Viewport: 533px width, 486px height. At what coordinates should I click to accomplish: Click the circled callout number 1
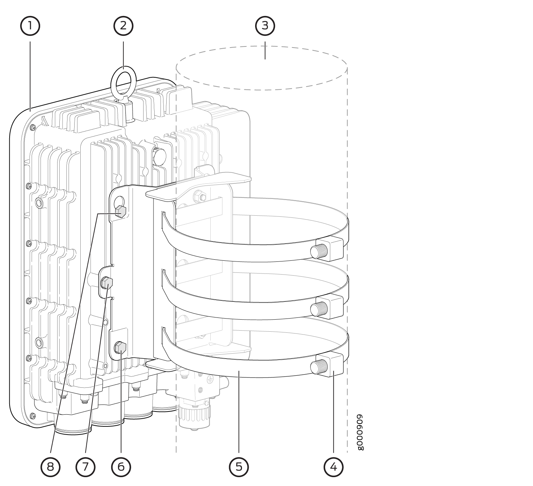click(30, 26)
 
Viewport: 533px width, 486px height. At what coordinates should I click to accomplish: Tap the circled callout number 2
click(123, 26)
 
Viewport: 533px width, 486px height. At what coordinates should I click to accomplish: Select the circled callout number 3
click(265, 26)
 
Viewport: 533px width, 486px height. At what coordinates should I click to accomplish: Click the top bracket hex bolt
click(120, 211)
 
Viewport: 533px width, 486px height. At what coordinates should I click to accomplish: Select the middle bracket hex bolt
click(107, 283)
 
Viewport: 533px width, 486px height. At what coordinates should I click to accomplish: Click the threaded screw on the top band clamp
click(319, 251)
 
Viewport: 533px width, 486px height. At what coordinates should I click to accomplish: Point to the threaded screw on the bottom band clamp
click(319, 366)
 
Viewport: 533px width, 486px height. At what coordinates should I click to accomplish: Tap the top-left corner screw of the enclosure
click(33, 127)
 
